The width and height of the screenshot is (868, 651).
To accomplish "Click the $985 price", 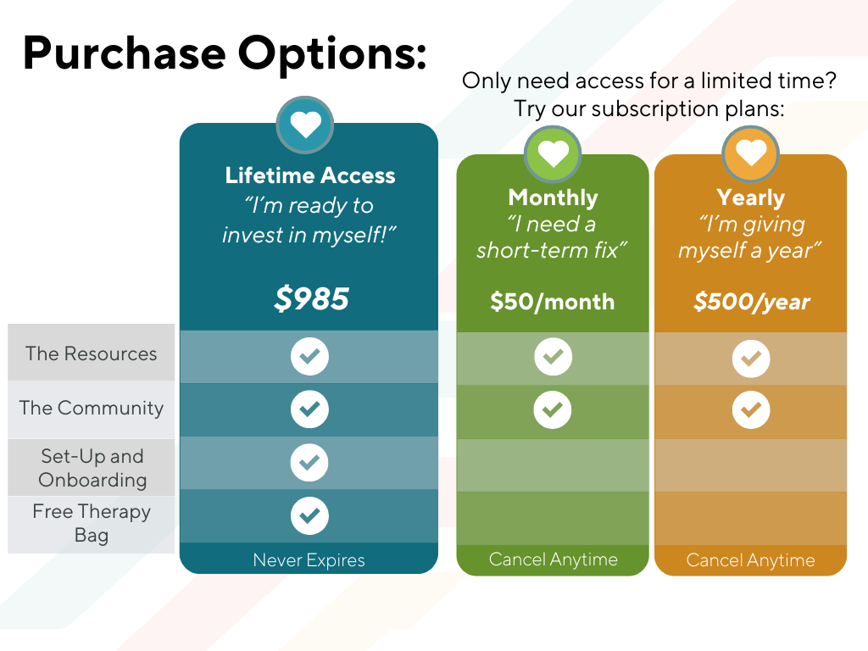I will point(311,298).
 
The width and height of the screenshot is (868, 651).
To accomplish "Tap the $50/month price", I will point(553,302).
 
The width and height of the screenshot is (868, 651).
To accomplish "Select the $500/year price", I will point(751,302).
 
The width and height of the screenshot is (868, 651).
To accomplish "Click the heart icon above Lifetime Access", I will point(305,125).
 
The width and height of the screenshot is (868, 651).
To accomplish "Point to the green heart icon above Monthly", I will point(553,153).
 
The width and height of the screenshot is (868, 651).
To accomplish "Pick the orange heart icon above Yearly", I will point(751,153).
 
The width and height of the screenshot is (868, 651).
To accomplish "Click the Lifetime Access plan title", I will point(310,175).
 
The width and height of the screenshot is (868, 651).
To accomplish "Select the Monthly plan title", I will point(553,198).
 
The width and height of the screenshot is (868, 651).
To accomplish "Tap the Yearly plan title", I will point(751,198).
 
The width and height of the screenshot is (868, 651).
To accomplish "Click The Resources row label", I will point(92,353).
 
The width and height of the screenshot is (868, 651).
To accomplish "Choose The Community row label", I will point(92,408).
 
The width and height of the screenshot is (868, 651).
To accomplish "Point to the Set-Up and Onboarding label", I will point(92,468).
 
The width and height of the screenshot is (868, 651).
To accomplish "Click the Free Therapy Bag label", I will point(92,523).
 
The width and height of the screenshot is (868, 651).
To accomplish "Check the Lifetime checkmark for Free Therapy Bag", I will point(309,515).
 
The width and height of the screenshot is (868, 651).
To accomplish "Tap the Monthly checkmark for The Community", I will point(553,410).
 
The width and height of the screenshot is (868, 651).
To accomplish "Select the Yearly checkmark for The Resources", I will point(751,359).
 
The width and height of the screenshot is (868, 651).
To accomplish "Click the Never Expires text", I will point(309,560).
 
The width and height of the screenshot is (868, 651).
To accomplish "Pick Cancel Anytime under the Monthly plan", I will point(553,559).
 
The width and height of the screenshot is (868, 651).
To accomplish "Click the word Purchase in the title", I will point(124,53).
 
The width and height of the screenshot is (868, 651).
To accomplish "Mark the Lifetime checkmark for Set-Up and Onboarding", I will point(309,463).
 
